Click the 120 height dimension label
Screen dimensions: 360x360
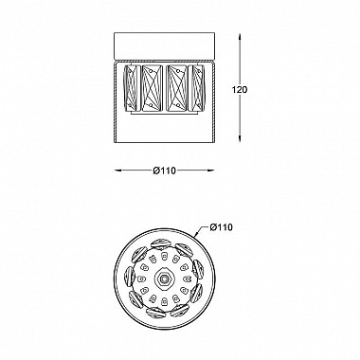click(240, 90)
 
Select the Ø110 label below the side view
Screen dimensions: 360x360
click(164, 171)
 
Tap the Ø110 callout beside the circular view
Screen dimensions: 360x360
click(221, 227)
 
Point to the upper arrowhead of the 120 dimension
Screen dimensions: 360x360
click(241, 37)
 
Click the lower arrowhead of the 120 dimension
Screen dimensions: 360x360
click(241, 137)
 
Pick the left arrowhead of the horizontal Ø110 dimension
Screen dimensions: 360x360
click(118, 171)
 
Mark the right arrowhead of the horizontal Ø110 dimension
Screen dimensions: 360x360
click(209, 171)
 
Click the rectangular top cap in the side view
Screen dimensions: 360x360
click(164, 45)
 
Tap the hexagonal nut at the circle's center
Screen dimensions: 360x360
click(164, 279)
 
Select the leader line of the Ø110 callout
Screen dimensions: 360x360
click(201, 232)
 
